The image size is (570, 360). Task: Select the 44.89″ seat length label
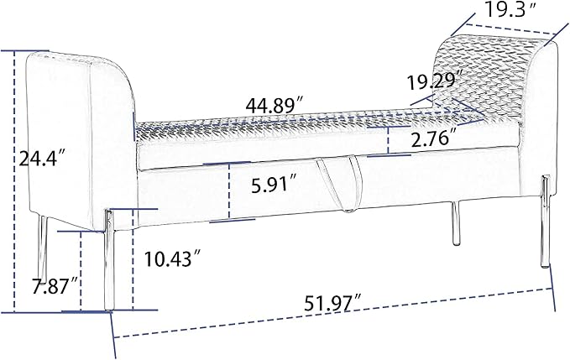click(275, 106)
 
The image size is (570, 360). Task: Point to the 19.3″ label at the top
click(510, 10)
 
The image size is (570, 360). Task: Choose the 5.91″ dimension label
click(275, 184)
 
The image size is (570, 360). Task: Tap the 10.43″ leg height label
click(172, 258)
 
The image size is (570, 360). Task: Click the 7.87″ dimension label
click(55, 286)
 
